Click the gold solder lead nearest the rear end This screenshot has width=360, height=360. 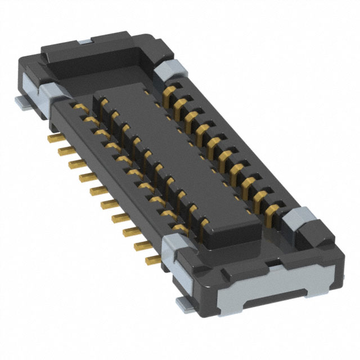point(54,137)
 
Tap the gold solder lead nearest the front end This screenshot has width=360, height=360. point(152,260)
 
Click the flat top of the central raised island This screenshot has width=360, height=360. point(174,152)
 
